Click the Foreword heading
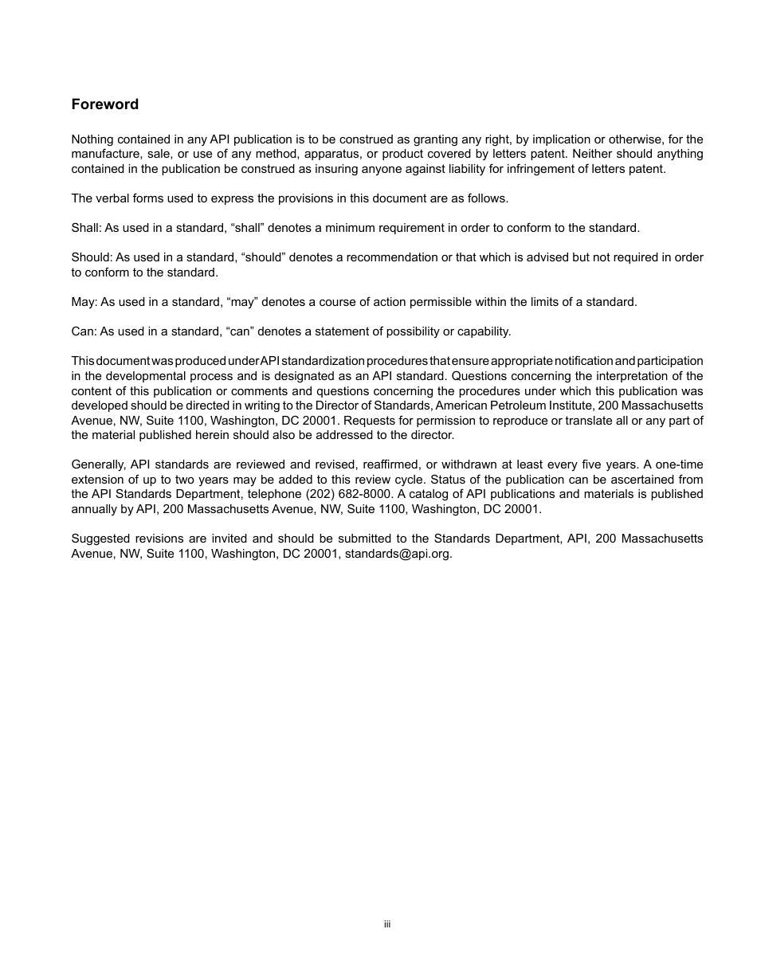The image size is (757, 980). click(x=104, y=104)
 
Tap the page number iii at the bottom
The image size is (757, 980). click(x=387, y=924)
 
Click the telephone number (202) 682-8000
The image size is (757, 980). click(x=348, y=494)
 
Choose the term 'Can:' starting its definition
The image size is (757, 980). click(x=84, y=331)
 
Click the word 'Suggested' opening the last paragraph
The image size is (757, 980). click(x=100, y=539)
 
